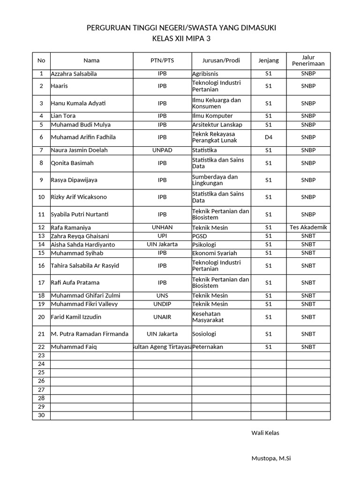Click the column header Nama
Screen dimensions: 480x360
tap(91, 60)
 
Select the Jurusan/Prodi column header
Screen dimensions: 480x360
tap(221, 60)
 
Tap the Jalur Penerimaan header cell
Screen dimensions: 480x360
tap(308, 60)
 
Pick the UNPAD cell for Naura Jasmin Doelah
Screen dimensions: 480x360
tap(162, 150)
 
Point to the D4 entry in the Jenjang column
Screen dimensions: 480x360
tap(268, 137)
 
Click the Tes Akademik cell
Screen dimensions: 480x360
tap(308, 227)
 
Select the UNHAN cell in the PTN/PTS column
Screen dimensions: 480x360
tap(162, 227)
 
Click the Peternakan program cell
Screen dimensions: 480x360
tap(208, 347)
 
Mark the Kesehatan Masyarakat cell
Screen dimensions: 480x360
tap(208, 317)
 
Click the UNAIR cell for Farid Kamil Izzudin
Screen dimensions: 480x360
tap(162, 317)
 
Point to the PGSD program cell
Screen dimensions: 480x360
tap(199, 236)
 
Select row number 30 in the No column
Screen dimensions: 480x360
tap(41, 416)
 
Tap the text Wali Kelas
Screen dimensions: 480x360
tap(265, 433)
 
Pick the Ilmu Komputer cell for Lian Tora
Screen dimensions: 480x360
tap(212, 116)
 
